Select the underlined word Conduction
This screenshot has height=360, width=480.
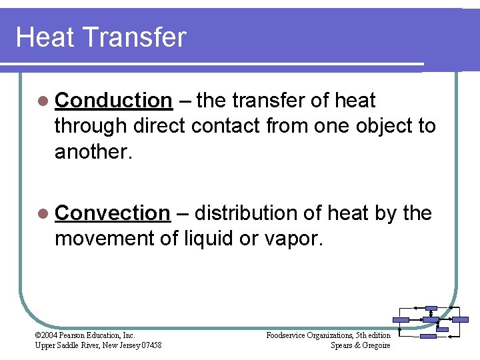tap(113, 101)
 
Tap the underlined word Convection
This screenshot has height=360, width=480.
tap(113, 213)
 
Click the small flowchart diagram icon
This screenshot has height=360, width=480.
tap(431, 322)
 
